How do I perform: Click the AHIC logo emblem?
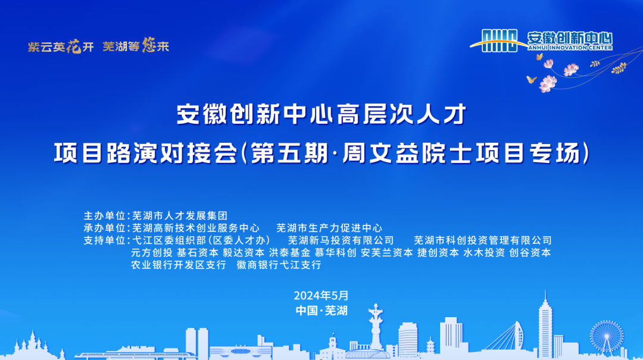tap(499, 40)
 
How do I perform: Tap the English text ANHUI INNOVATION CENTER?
tap(570, 48)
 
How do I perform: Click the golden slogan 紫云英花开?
tap(61, 46)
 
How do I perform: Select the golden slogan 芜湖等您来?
tap(136, 45)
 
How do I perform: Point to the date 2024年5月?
tap(321, 295)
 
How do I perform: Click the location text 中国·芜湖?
tap(321, 311)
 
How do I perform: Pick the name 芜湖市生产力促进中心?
tap(329, 228)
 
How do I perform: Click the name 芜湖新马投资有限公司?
tap(341, 240)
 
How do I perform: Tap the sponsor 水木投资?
tap(484, 252)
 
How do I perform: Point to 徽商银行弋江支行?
tap(279, 265)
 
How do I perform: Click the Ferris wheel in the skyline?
tap(607, 337)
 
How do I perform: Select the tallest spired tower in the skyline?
tap(545, 324)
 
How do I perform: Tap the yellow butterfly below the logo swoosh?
tap(532, 79)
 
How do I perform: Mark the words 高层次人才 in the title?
tap(401, 114)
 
